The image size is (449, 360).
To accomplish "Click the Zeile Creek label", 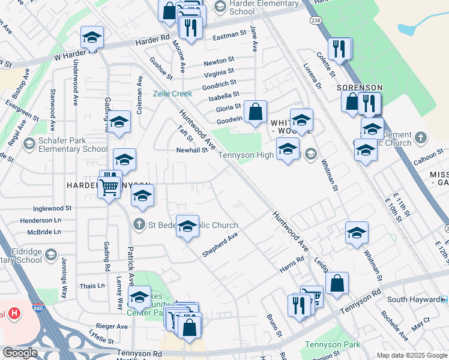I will coord(172,94).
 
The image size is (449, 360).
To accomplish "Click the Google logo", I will coord(20,353).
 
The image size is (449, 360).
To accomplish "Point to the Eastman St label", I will coord(229,36).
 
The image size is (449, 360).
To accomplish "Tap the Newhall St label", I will coord(191,151).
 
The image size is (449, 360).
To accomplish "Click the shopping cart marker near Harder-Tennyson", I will coord(109,187).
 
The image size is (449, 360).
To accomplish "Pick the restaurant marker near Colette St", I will coord(340,49).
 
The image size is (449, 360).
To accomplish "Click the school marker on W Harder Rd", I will coord(92,38).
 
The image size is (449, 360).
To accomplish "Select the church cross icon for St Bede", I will coord(139,224).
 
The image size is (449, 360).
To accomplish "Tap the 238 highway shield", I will coord(315,20).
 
